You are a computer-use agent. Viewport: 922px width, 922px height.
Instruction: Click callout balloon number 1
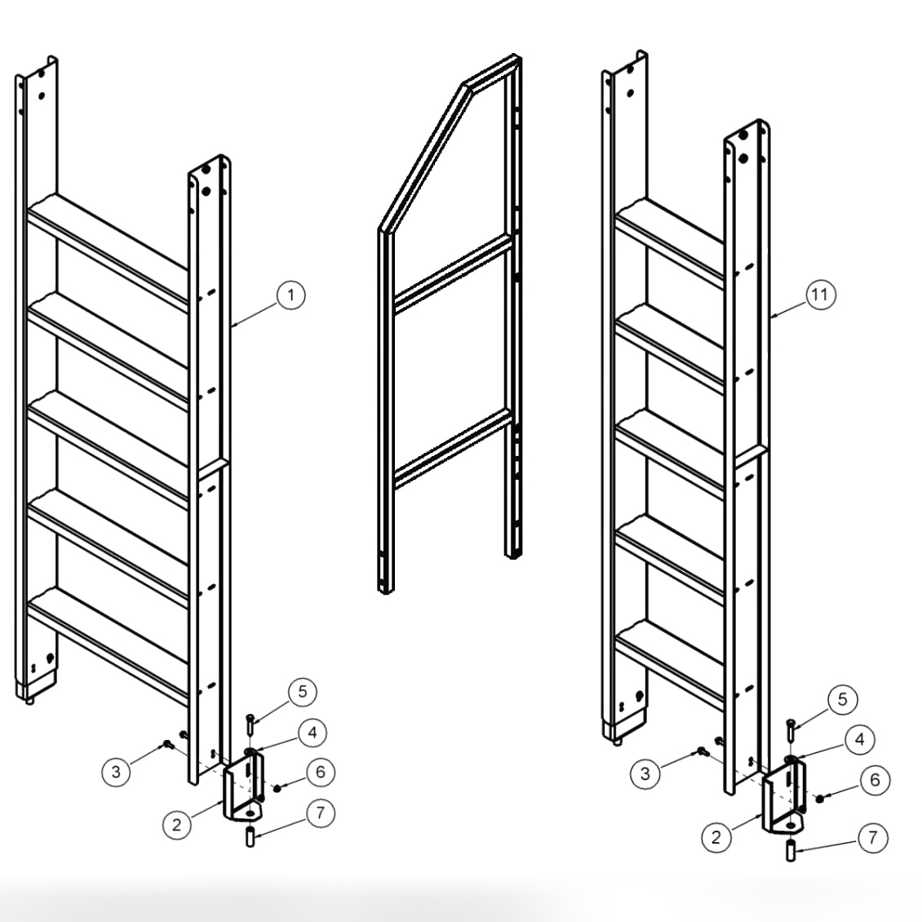(290, 295)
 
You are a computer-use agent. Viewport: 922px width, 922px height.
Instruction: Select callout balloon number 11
(822, 295)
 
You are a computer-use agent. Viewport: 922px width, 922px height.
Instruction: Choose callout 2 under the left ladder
(175, 824)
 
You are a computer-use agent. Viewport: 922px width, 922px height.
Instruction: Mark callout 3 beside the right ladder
(645, 773)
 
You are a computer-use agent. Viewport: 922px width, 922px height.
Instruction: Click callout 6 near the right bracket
(875, 780)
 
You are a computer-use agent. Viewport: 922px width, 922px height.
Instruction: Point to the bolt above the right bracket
(791, 729)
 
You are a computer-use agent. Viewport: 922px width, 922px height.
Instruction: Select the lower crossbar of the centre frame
(453, 449)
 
